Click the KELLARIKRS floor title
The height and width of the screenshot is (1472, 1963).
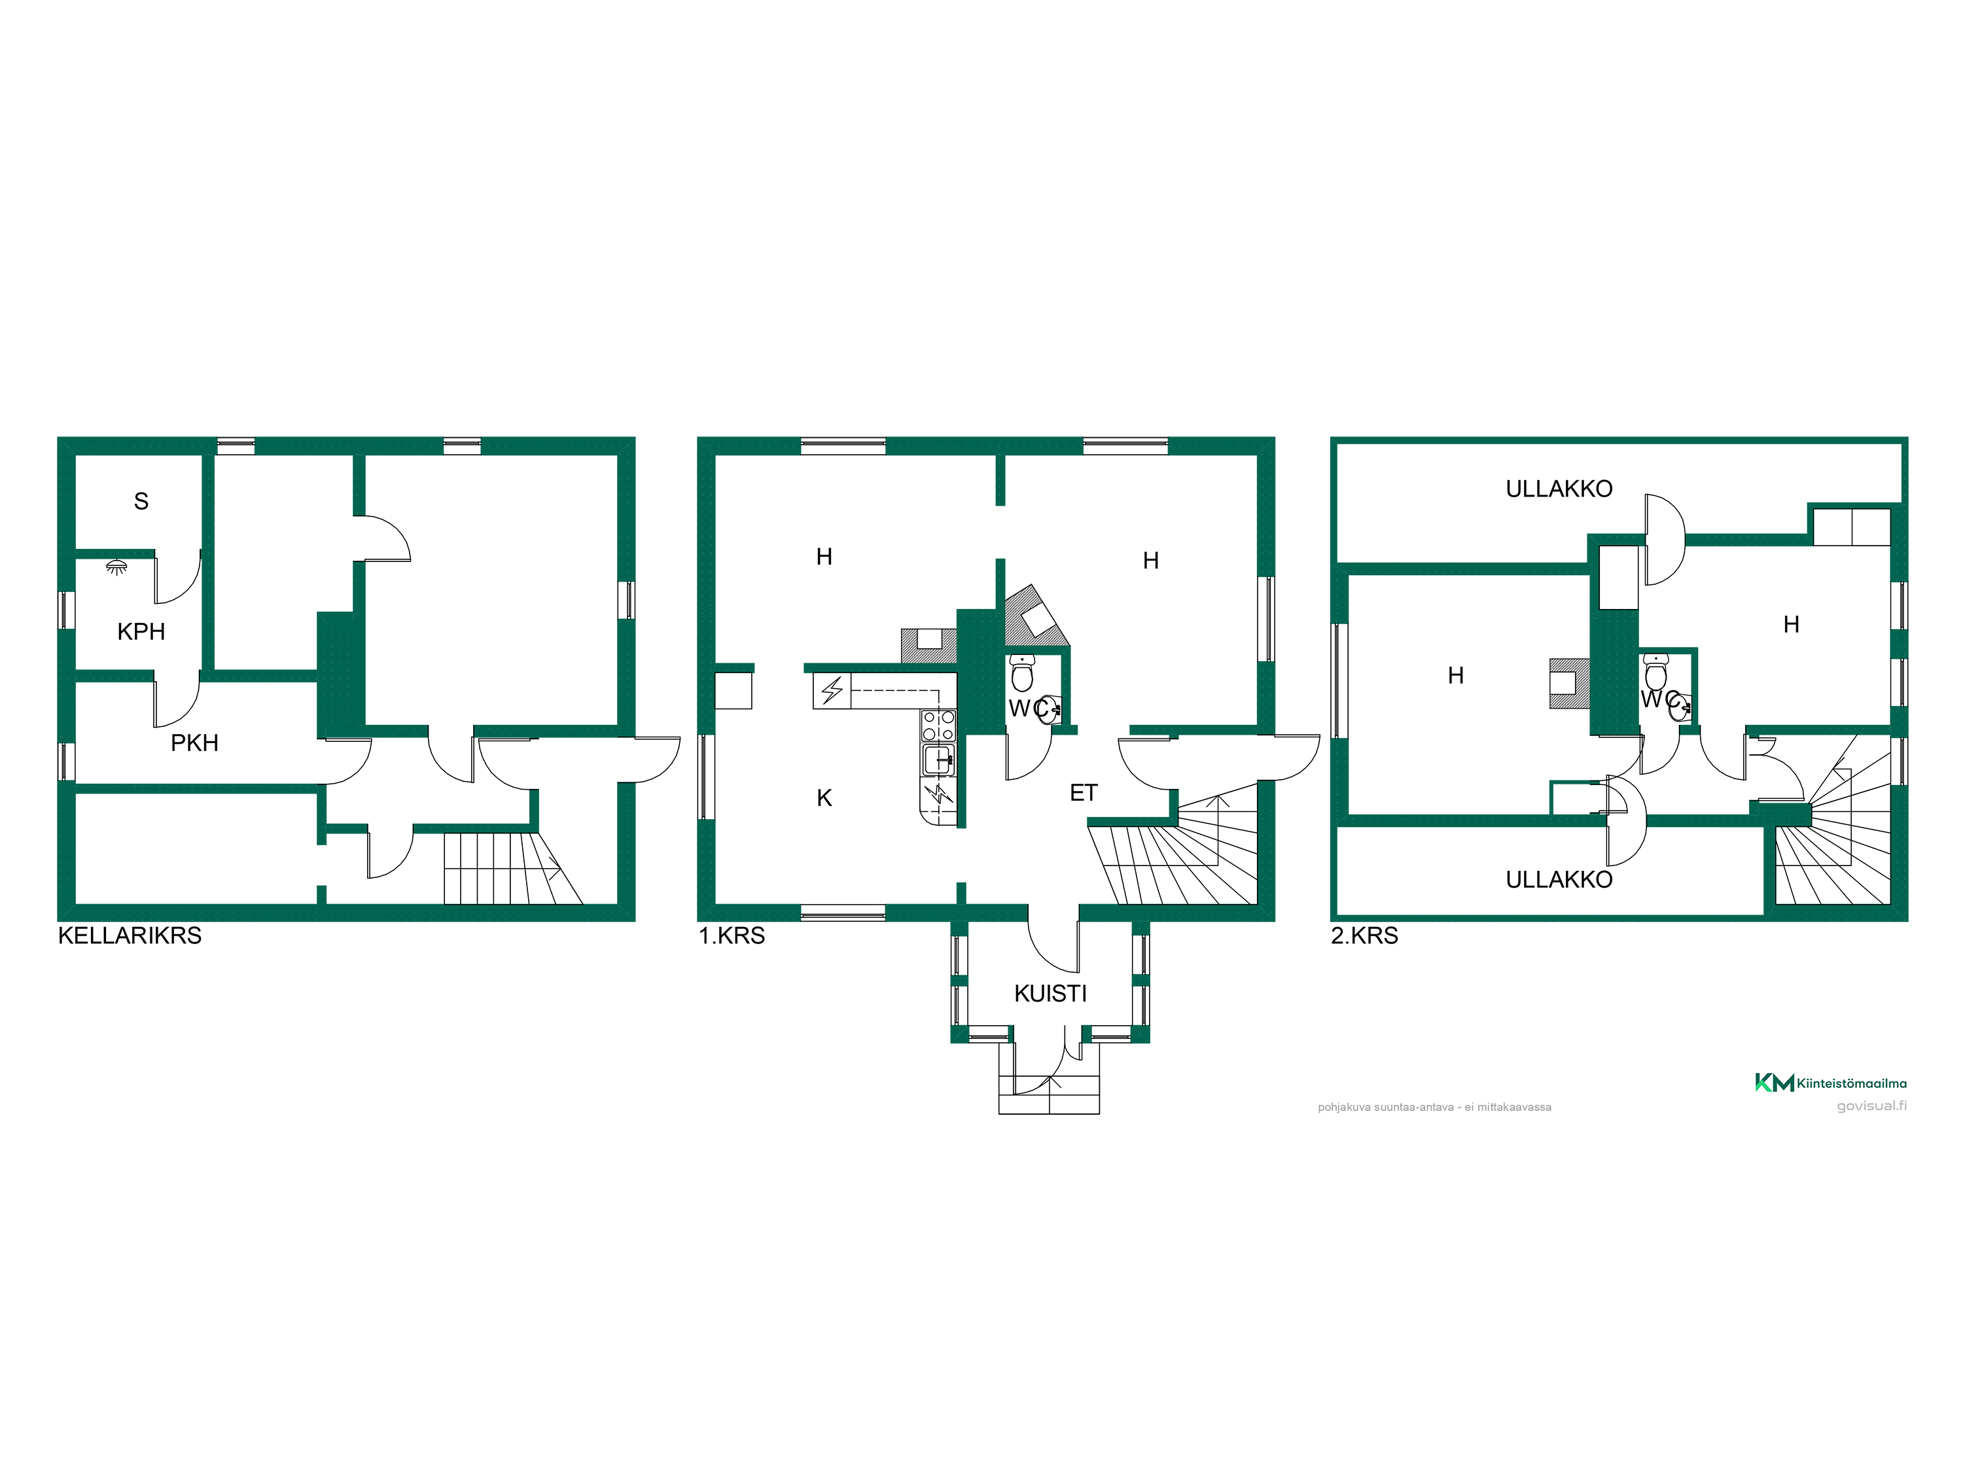(130, 936)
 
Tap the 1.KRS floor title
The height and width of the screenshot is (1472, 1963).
(732, 936)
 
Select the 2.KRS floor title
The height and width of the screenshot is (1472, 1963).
(1364, 936)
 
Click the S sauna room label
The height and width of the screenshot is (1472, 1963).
(141, 501)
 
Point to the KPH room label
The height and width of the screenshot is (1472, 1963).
(141, 632)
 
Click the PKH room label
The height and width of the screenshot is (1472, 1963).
(194, 743)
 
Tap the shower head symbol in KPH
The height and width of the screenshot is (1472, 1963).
(116, 566)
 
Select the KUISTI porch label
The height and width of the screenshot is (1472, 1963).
(1051, 994)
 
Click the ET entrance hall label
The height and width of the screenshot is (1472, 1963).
(1084, 793)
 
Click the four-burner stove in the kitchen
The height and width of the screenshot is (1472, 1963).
(939, 726)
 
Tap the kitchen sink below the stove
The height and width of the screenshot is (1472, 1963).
(939, 760)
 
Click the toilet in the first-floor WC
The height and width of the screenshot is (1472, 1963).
(1022, 673)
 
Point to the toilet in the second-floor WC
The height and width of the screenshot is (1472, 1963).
(1656, 672)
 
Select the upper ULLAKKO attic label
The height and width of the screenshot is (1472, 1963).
(1559, 489)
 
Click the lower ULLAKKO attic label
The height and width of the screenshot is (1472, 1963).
(1559, 880)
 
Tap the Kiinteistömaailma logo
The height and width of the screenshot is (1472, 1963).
(1831, 1083)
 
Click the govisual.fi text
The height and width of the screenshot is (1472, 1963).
(1871, 1106)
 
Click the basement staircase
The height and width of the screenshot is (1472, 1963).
(513, 867)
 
